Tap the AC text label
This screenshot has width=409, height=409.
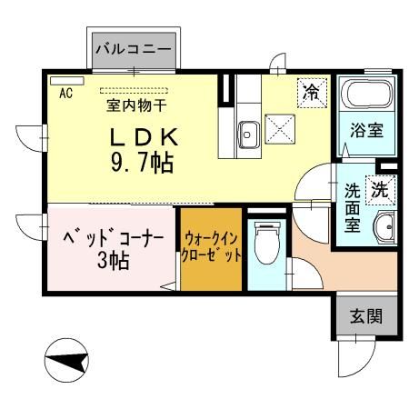click(65, 92)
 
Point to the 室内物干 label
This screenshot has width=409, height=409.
click(136, 105)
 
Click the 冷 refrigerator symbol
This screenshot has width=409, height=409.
click(311, 91)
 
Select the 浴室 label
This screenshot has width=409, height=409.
click(366, 130)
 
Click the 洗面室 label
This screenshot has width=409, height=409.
click(352, 208)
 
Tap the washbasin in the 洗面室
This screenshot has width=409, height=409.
click(385, 227)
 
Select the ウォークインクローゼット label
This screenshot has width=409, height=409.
click(213, 246)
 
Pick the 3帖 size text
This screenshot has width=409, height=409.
click(113, 262)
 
